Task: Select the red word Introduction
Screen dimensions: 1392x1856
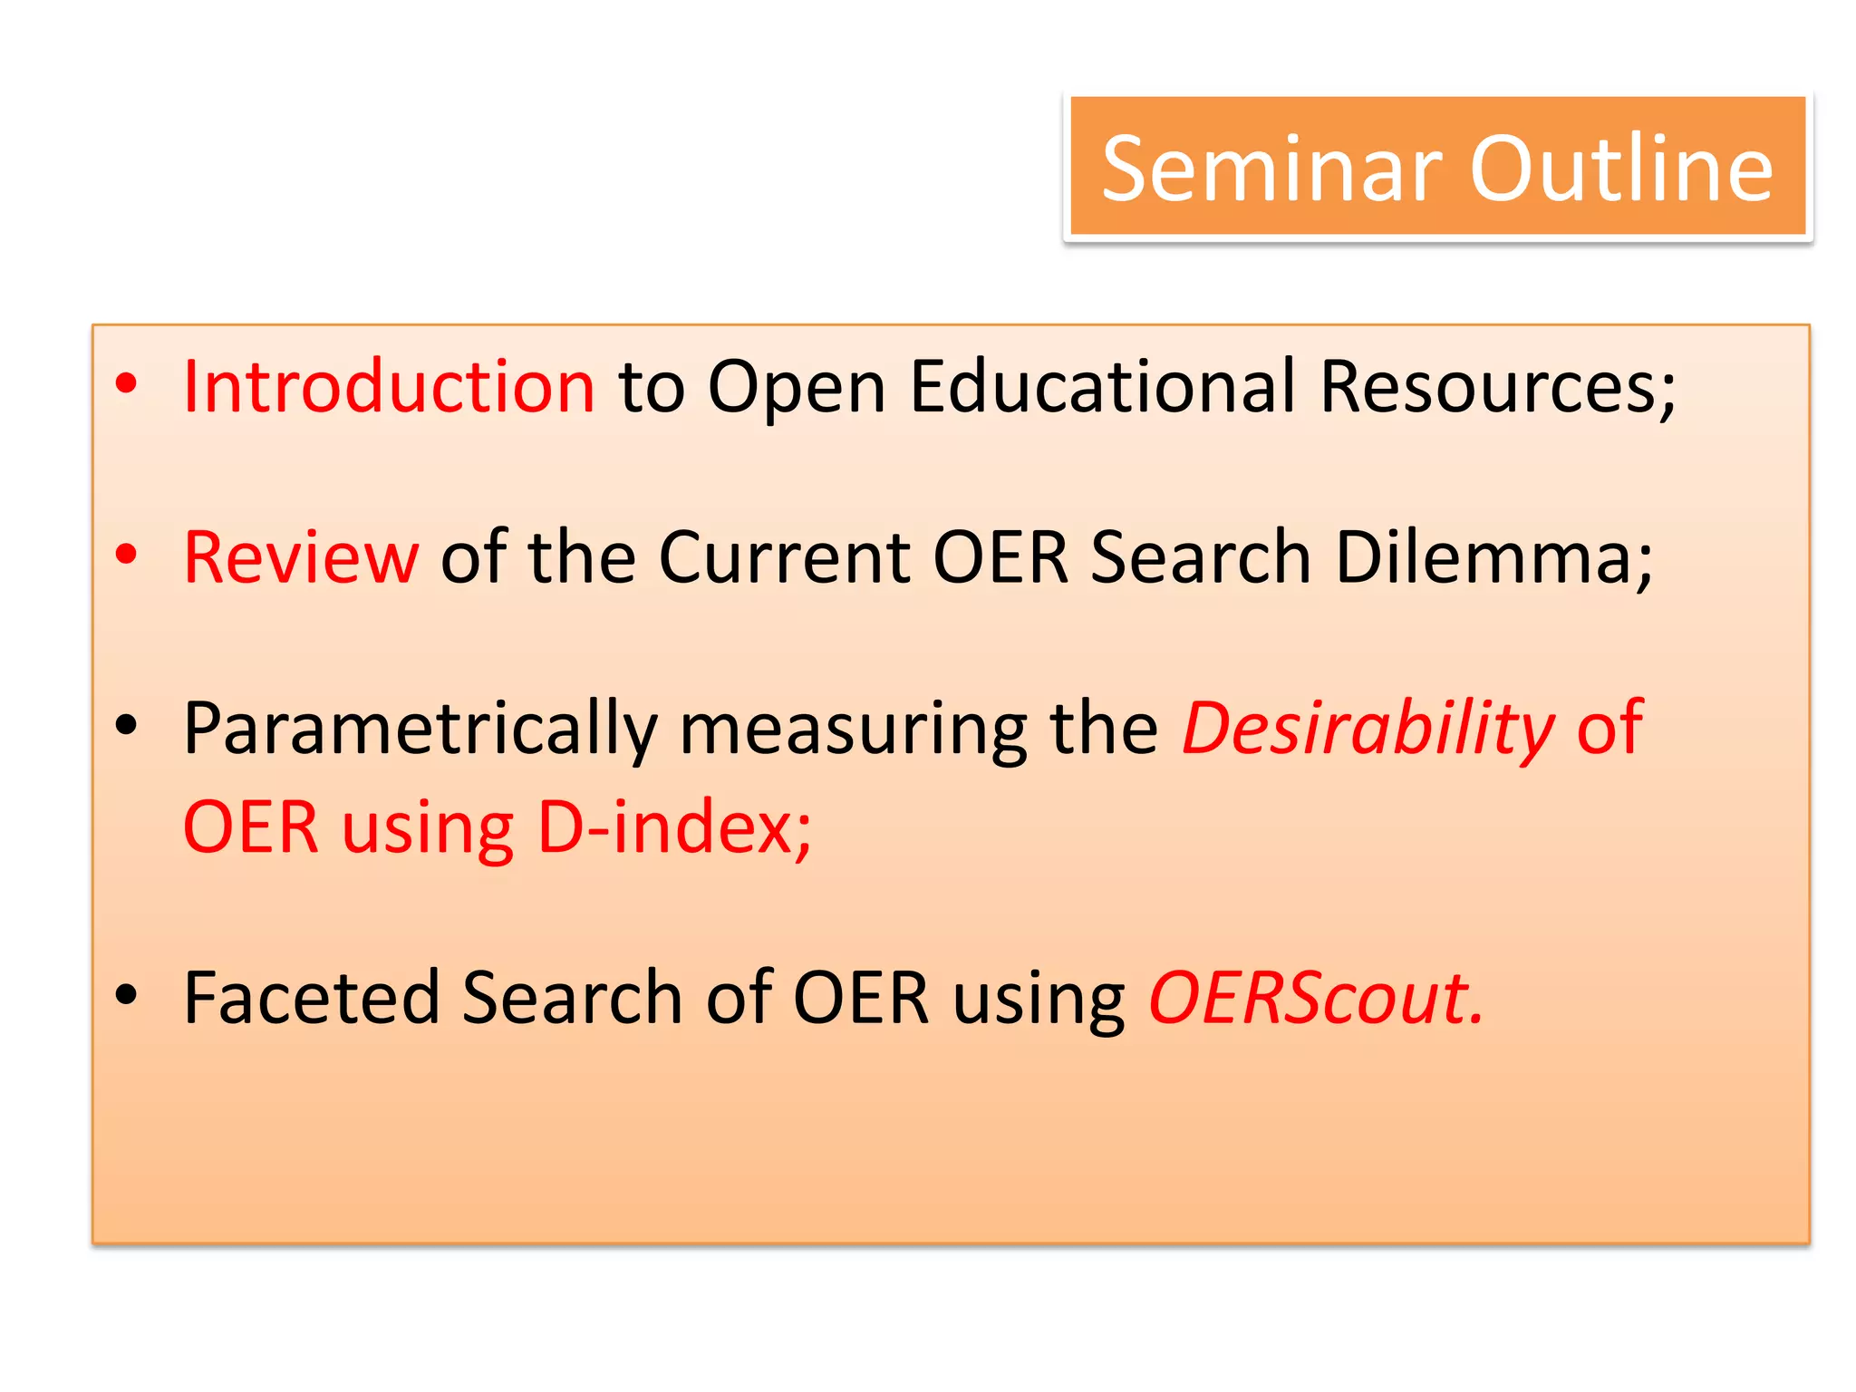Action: (x=389, y=387)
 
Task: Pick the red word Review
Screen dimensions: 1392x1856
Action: (x=301, y=557)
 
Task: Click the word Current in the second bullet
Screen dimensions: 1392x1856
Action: (x=784, y=557)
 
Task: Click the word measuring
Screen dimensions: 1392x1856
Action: (x=852, y=730)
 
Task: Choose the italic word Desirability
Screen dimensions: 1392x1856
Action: (x=1368, y=730)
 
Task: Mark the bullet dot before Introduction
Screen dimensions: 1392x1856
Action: (x=127, y=383)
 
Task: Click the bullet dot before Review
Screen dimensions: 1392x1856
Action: (x=127, y=554)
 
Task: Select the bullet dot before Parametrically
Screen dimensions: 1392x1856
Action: (x=127, y=725)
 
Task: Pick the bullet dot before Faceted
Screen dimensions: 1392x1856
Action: (x=127, y=994)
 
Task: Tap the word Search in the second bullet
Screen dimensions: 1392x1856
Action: (x=1201, y=557)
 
